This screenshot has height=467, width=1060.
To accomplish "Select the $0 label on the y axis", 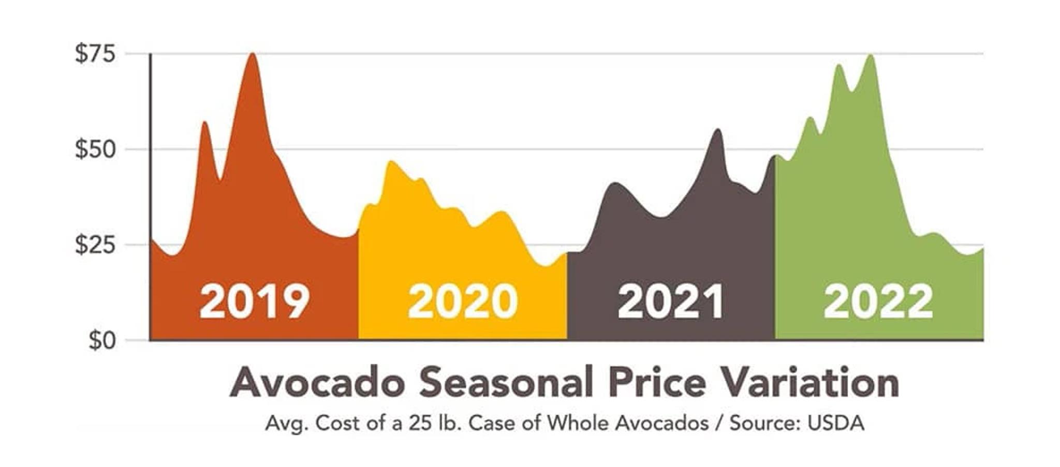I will coord(101,341).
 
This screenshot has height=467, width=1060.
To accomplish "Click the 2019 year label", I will coord(254,302).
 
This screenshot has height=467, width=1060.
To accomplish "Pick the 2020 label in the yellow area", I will coord(462,302).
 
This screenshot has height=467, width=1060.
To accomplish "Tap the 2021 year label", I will coord(671,302).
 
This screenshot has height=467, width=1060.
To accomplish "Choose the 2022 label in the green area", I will coord(878,302).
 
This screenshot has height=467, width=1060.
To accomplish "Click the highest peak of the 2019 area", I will coord(252,54).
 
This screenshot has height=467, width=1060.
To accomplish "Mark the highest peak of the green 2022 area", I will coord(871,56).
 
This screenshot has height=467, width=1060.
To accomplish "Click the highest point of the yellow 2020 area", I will coord(391,162).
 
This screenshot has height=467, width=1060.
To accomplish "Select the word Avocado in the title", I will coord(317,383).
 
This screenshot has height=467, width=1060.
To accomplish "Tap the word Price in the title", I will coord(657,383).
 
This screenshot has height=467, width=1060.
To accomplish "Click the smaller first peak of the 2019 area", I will coord(205,123).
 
